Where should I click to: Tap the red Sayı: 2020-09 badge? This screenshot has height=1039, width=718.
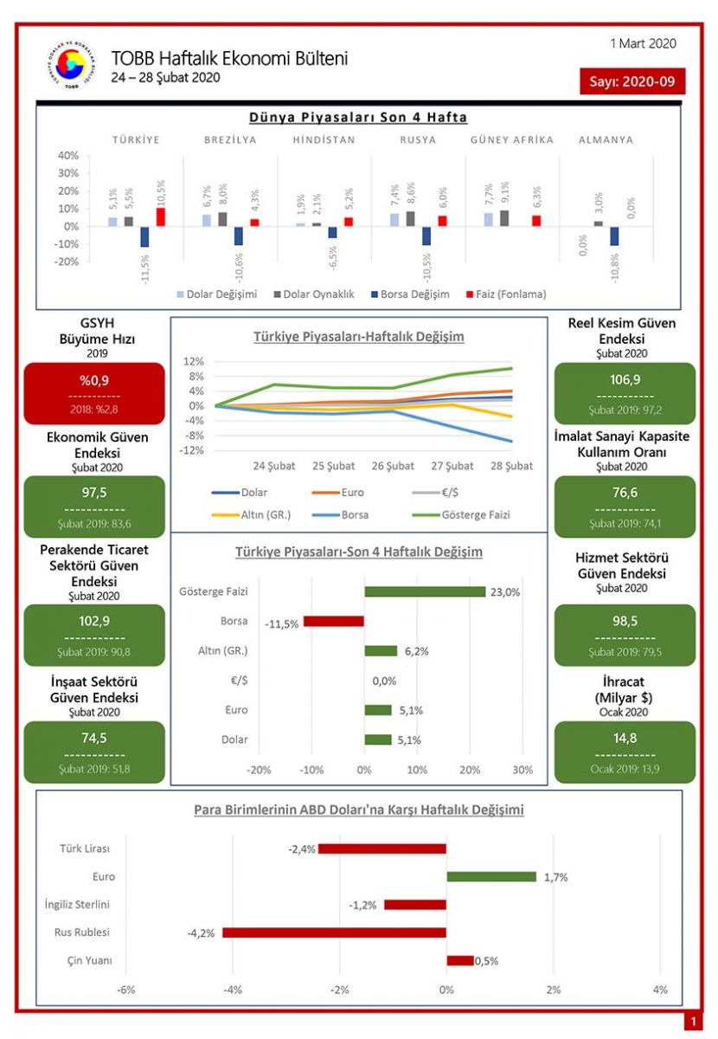coord(632,81)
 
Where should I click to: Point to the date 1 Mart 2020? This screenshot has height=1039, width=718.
coord(643,43)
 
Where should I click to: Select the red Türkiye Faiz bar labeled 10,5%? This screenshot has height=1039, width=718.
coord(161,216)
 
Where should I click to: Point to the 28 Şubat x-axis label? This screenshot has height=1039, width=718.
coord(510,466)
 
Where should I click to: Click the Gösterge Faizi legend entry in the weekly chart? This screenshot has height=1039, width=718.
coord(468,515)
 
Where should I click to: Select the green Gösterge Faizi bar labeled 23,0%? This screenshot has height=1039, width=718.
coord(425,592)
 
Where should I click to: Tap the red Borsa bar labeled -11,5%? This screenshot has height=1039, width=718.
coord(334,622)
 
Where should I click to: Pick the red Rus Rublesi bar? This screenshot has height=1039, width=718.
coord(335,933)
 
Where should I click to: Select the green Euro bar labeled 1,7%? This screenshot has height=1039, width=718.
coord(491,876)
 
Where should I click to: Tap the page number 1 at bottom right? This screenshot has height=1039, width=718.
coord(692,1022)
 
